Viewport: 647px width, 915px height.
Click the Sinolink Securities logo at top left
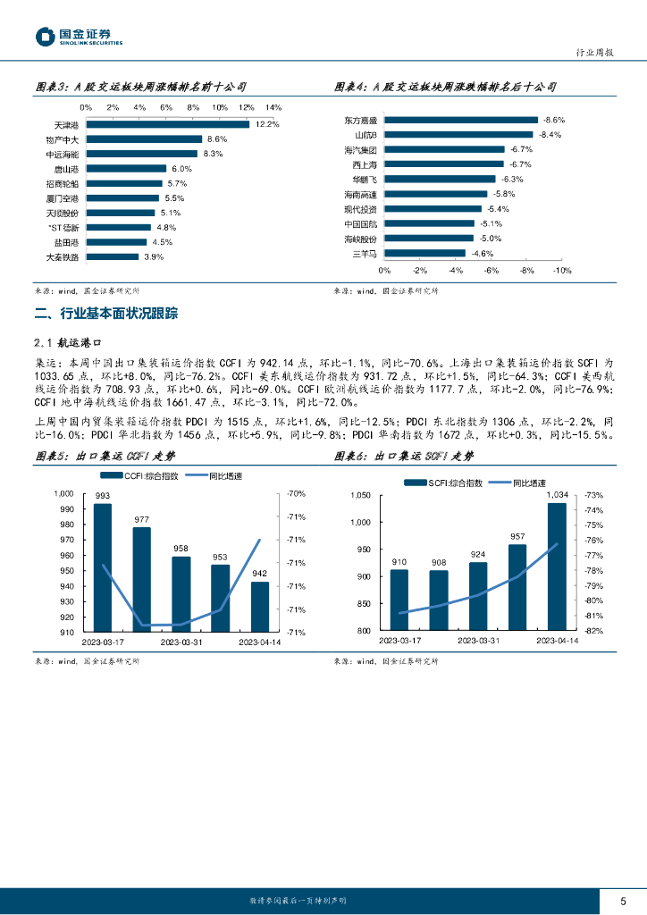tap(78, 37)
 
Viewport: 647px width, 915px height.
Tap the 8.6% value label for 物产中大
tap(217, 139)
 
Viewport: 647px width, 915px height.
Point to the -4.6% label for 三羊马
tap(483, 253)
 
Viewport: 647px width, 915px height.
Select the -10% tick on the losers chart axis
tap(561, 270)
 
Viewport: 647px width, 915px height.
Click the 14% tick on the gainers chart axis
tap(273, 107)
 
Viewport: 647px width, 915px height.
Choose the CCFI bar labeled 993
tap(103, 567)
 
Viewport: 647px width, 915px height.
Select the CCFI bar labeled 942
tap(259, 607)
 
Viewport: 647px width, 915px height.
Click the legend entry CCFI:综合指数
tap(142, 475)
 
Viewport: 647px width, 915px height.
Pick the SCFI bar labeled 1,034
tap(557, 567)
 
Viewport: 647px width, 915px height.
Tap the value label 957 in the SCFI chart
tap(517, 536)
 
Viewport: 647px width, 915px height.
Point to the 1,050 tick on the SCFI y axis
tap(358, 495)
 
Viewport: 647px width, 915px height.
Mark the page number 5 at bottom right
tap(623, 901)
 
